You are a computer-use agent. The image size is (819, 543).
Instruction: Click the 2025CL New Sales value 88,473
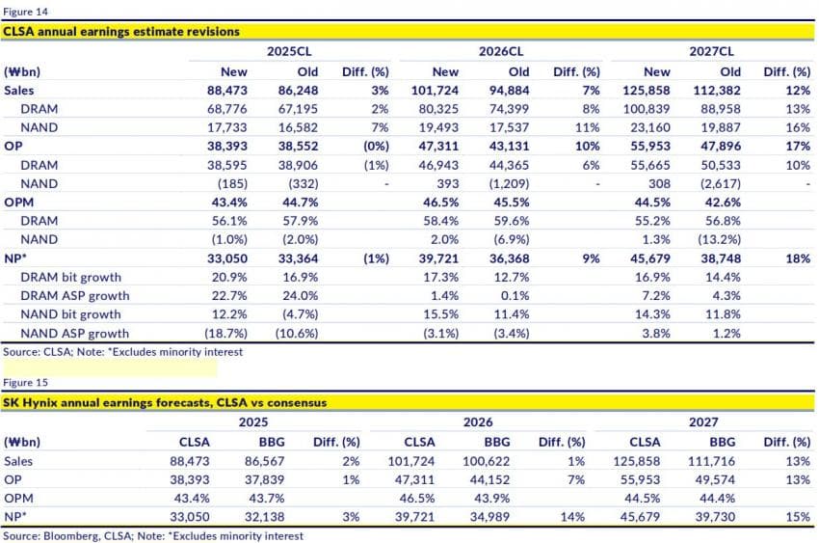[227, 91]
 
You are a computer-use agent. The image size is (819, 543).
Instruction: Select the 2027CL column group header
[711, 51]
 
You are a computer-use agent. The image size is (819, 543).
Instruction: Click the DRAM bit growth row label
[70, 277]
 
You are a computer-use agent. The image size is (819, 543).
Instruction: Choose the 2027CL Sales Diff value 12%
[798, 91]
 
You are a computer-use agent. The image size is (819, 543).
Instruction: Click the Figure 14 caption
[26, 12]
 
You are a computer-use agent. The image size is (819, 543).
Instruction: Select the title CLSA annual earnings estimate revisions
[121, 32]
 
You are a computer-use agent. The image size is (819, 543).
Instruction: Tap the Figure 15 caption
[26, 383]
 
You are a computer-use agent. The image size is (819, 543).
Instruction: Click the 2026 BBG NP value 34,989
[489, 517]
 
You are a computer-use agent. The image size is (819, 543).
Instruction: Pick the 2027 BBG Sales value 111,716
[711, 461]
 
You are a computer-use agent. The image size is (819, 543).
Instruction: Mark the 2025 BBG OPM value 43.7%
[266, 499]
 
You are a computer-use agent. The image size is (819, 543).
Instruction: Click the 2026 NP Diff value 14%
[572, 517]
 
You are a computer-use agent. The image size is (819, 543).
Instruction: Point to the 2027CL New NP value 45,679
[649, 258]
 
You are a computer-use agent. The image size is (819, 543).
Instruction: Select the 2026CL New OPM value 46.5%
[440, 203]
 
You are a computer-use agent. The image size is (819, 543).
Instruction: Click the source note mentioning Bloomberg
[153, 536]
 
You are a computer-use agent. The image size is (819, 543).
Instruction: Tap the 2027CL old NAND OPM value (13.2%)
[719, 239]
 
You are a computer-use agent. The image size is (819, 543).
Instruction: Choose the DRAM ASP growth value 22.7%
[229, 296]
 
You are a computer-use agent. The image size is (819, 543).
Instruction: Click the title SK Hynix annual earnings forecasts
[165, 402]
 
